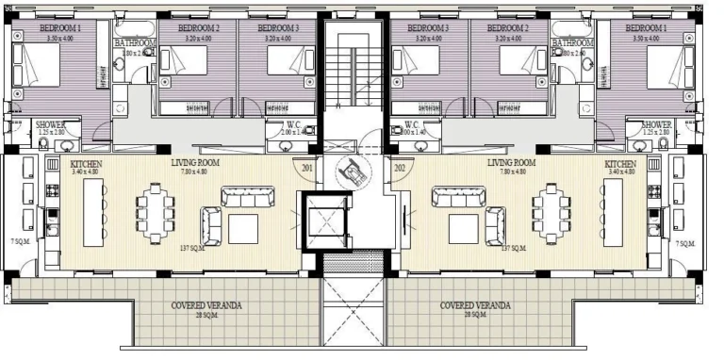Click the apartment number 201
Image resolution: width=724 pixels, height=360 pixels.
(x=307, y=169)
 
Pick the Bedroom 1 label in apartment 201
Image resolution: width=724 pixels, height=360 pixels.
(x=60, y=29)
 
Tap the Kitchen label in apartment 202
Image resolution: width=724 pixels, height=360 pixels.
(x=622, y=164)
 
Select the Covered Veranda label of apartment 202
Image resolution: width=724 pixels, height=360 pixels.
(x=475, y=306)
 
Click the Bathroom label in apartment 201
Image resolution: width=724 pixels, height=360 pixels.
(x=136, y=43)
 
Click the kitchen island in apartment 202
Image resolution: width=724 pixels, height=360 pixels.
(x=614, y=213)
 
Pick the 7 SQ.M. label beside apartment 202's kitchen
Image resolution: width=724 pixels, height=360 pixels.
(x=685, y=243)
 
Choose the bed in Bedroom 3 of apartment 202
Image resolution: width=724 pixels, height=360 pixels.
(x=416, y=64)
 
